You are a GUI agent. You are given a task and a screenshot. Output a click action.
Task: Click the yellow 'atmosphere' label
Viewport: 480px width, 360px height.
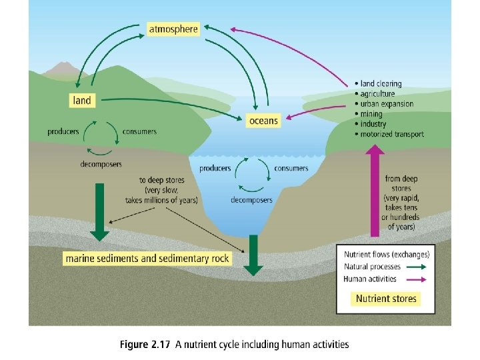[x=173, y=29]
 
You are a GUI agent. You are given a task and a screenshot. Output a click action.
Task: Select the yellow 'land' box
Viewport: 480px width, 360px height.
[x=81, y=100]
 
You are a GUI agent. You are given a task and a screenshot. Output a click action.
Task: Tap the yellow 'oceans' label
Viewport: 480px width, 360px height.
[x=263, y=121]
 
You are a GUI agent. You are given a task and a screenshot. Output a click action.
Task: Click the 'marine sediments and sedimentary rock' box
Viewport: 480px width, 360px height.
[x=147, y=258]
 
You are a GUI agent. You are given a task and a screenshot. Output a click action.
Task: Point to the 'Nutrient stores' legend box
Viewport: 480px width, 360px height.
[x=386, y=298]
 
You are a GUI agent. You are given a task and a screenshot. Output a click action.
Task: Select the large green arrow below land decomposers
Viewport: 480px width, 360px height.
[x=100, y=211]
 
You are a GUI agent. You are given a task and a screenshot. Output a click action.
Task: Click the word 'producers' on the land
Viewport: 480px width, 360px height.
[x=63, y=132]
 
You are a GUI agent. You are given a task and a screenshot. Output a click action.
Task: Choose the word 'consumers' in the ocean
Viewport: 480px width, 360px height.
[x=291, y=169]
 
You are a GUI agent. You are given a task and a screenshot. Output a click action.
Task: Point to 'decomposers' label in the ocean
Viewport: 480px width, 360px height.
[x=251, y=200]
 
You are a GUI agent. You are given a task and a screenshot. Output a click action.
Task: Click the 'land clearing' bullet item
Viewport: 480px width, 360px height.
[x=381, y=84]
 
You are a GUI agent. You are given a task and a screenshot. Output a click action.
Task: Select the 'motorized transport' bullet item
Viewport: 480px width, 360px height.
[x=392, y=135]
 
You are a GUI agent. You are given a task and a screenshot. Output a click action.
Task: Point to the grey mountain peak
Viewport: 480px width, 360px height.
[x=64, y=67]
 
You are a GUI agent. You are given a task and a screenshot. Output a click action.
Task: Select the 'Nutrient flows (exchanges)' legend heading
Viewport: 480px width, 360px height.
[x=387, y=254]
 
